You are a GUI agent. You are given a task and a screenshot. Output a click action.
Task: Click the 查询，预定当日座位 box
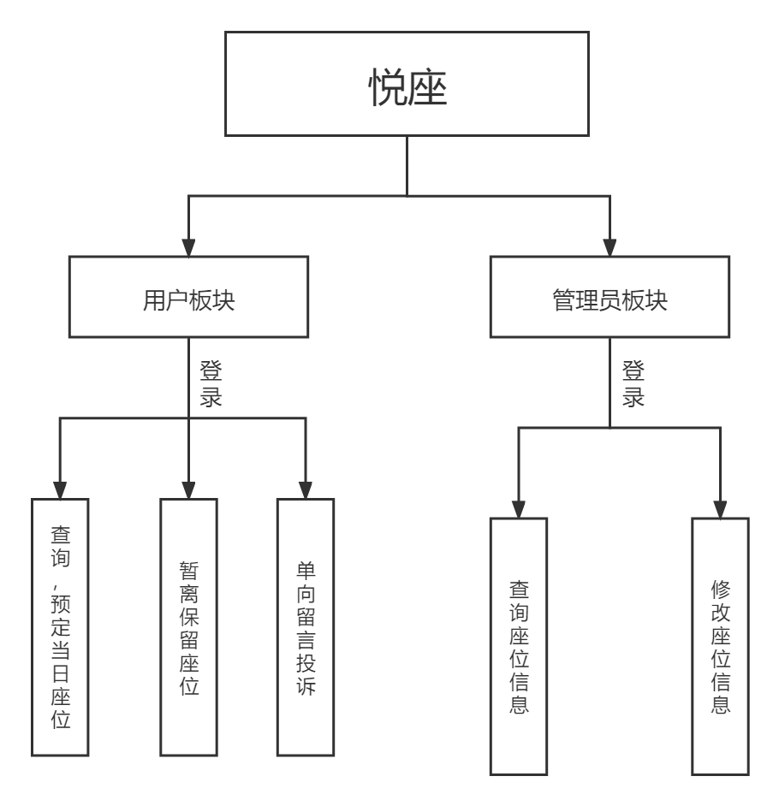pyautogui.click(x=61, y=626)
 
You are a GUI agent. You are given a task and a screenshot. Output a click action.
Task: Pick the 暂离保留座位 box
pyautogui.click(x=188, y=626)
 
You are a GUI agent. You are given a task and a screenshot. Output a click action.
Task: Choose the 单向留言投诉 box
pyautogui.click(x=306, y=626)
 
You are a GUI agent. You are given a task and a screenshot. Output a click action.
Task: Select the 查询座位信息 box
pyautogui.click(x=519, y=646)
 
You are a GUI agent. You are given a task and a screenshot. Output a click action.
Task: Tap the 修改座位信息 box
pyautogui.click(x=720, y=646)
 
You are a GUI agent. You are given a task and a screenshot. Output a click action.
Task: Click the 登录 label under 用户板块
pyautogui.click(x=211, y=384)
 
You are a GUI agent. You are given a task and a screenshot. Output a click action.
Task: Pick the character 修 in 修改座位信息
pyautogui.click(x=720, y=590)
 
